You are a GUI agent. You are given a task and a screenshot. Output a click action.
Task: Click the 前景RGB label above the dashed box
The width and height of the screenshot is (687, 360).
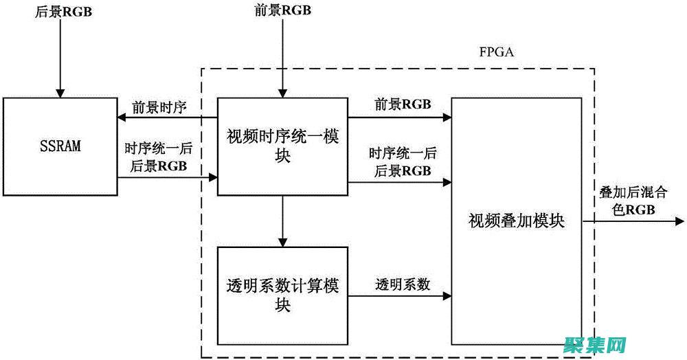point(282,12)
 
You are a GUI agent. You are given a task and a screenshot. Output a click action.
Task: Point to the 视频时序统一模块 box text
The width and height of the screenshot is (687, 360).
point(282,146)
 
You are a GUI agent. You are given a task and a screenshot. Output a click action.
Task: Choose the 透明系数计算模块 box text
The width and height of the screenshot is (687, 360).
point(282,295)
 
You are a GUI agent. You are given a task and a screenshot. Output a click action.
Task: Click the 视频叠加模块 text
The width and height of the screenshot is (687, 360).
point(516,221)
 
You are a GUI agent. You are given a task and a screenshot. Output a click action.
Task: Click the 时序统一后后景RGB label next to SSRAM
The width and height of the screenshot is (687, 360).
point(156,157)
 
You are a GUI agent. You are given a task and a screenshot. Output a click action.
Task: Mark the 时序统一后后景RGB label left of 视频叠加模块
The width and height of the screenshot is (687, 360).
point(400,161)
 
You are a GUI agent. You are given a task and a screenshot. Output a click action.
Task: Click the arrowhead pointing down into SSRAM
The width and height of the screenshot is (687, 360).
point(60,93)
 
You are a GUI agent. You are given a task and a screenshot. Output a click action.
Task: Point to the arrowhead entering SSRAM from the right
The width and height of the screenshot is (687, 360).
point(121,117)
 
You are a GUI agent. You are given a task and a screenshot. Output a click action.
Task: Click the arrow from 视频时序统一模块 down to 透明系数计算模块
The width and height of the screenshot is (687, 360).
point(282,220)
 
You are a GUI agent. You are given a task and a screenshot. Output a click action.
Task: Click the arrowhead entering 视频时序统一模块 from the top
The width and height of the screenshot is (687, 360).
point(282,93)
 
